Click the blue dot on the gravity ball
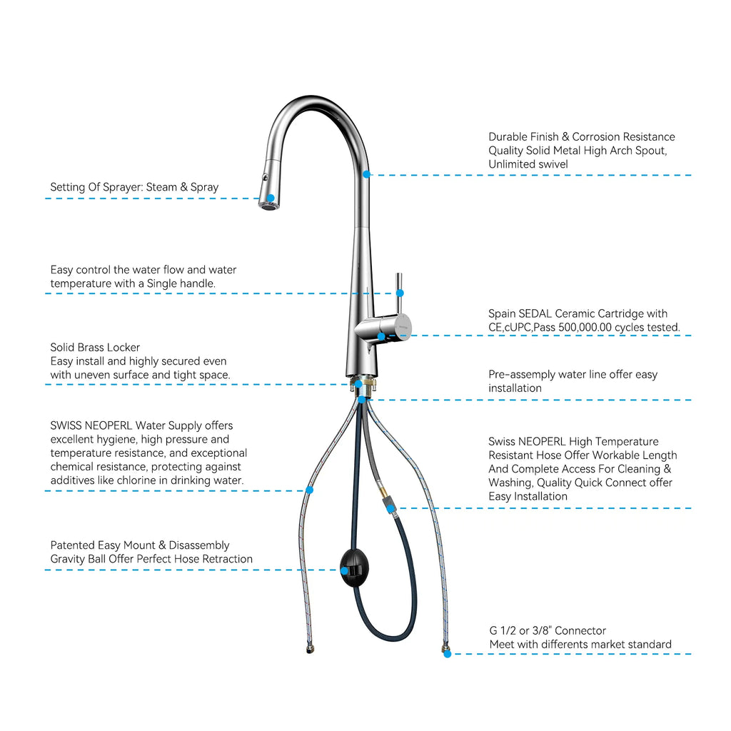coord(344,570)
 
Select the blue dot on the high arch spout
coord(366,174)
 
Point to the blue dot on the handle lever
coord(400,293)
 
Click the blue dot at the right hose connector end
coord(447,654)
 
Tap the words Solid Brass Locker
coord(95,348)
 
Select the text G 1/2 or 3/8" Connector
coord(547,630)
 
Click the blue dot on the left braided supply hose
coord(309,490)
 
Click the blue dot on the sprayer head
coord(271,198)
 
